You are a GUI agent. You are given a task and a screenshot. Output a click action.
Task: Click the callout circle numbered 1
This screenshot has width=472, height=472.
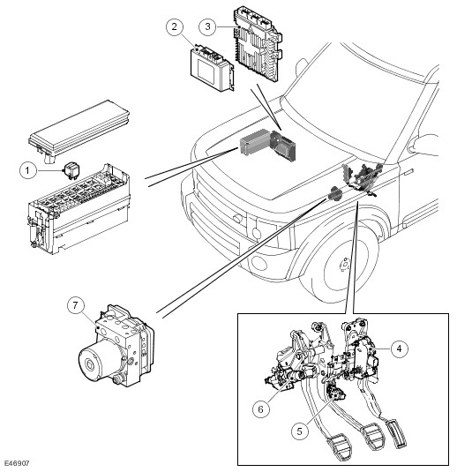point(28,170)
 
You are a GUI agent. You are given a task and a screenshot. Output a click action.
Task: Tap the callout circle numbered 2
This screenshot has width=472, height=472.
point(175,26)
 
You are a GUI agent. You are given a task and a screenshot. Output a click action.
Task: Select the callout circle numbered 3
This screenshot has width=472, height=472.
point(207,26)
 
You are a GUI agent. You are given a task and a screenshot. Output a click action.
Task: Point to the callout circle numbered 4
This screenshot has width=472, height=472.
point(399,348)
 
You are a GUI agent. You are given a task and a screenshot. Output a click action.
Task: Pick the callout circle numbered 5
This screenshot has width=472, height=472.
point(300,431)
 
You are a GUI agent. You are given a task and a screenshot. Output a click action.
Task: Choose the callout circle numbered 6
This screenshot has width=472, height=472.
point(261,409)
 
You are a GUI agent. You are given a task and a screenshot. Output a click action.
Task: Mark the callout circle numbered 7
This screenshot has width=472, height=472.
point(75,305)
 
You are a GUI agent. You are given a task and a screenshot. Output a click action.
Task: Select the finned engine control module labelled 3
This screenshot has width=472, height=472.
point(258,45)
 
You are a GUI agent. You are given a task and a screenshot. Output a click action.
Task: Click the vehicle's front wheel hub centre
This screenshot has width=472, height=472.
point(345,264)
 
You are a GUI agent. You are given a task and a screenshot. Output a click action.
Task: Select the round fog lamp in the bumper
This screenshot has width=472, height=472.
point(259,263)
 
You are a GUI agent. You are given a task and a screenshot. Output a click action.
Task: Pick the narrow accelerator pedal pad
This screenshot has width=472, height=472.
point(396,434)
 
